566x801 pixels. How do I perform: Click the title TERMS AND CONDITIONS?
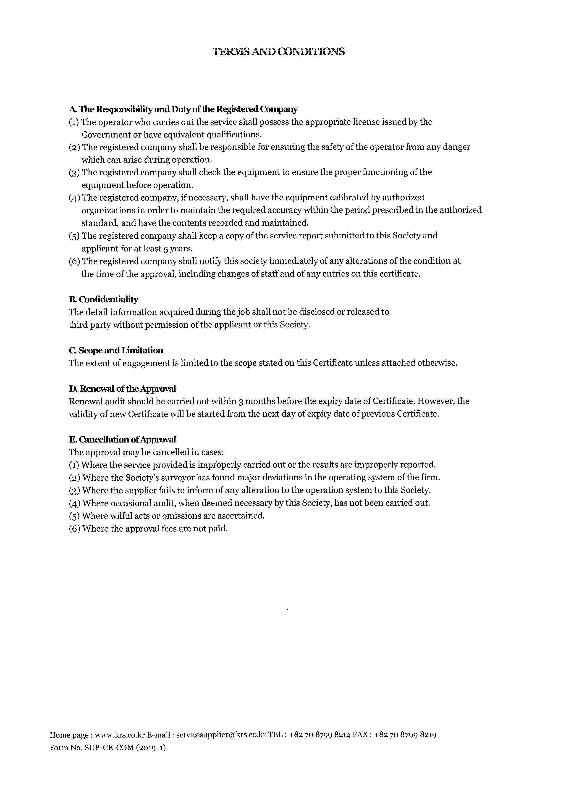[279, 52]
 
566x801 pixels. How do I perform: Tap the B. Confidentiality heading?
[104, 299]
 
